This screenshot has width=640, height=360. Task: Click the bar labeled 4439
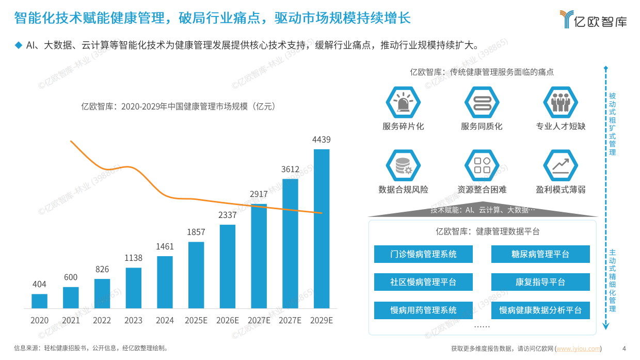point(322,228)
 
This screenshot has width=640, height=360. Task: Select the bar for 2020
point(39,301)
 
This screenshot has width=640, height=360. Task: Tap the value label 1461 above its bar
point(165,247)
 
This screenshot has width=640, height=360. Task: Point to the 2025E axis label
point(196,321)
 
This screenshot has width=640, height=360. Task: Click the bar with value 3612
point(290,243)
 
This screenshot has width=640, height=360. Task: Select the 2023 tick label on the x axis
point(133,321)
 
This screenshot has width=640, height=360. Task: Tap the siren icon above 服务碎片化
point(403,103)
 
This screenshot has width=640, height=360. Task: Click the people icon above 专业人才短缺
point(560,103)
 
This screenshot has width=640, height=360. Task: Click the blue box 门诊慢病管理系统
point(423,254)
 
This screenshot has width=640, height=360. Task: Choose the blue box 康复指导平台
point(540,282)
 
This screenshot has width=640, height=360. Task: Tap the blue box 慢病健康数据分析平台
point(540,310)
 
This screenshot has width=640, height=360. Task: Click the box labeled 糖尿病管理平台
point(540,254)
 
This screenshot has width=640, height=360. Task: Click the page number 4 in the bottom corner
point(624,348)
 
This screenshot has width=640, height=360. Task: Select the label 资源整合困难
point(482,190)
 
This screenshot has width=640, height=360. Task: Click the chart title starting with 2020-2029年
point(178,107)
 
